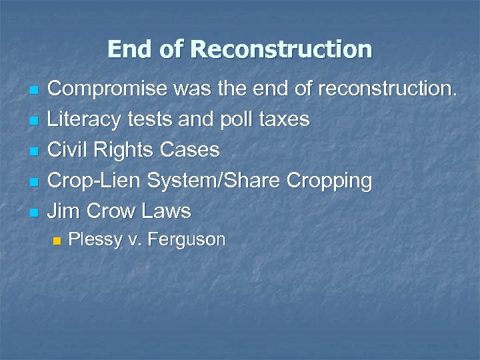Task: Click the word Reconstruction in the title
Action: [281, 49]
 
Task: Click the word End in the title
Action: [129, 49]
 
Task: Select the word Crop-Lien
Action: [95, 181]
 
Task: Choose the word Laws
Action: [166, 211]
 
